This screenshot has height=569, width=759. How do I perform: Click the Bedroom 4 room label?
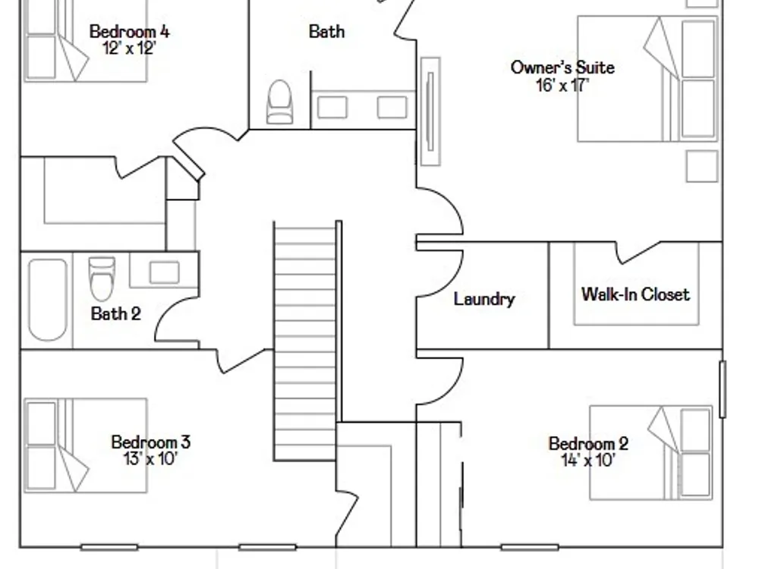pos(129,32)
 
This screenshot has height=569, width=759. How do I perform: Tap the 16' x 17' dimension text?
pos(562,85)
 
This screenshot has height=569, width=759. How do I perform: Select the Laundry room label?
pos(484,299)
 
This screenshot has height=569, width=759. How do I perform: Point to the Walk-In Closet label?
pos(635,294)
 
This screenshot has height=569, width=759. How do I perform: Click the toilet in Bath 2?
pos(102,278)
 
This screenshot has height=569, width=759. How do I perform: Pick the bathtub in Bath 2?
pos(47,300)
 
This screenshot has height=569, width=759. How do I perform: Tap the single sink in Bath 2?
pos(165,272)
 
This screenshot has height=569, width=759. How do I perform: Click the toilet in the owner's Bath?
pos(280,102)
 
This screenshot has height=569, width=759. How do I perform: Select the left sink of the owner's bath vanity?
pos(332,108)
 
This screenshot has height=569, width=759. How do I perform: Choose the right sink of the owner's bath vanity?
pos(392,108)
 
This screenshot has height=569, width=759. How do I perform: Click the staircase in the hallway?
pos(305,341)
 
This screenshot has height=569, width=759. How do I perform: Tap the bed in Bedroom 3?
pos(86,445)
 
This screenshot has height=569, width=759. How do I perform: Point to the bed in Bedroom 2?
pos(651,452)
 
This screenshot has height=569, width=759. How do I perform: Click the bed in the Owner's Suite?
pos(647,79)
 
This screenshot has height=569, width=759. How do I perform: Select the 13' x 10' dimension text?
pos(150,458)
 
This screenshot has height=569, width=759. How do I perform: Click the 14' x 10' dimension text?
pos(588,461)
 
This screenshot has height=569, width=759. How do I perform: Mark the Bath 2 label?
pos(115,314)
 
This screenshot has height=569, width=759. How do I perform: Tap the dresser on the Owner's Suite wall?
pos(430,112)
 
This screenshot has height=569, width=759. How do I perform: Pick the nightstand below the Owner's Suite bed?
pos(702,166)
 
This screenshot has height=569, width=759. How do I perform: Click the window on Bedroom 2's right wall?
pos(723,389)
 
